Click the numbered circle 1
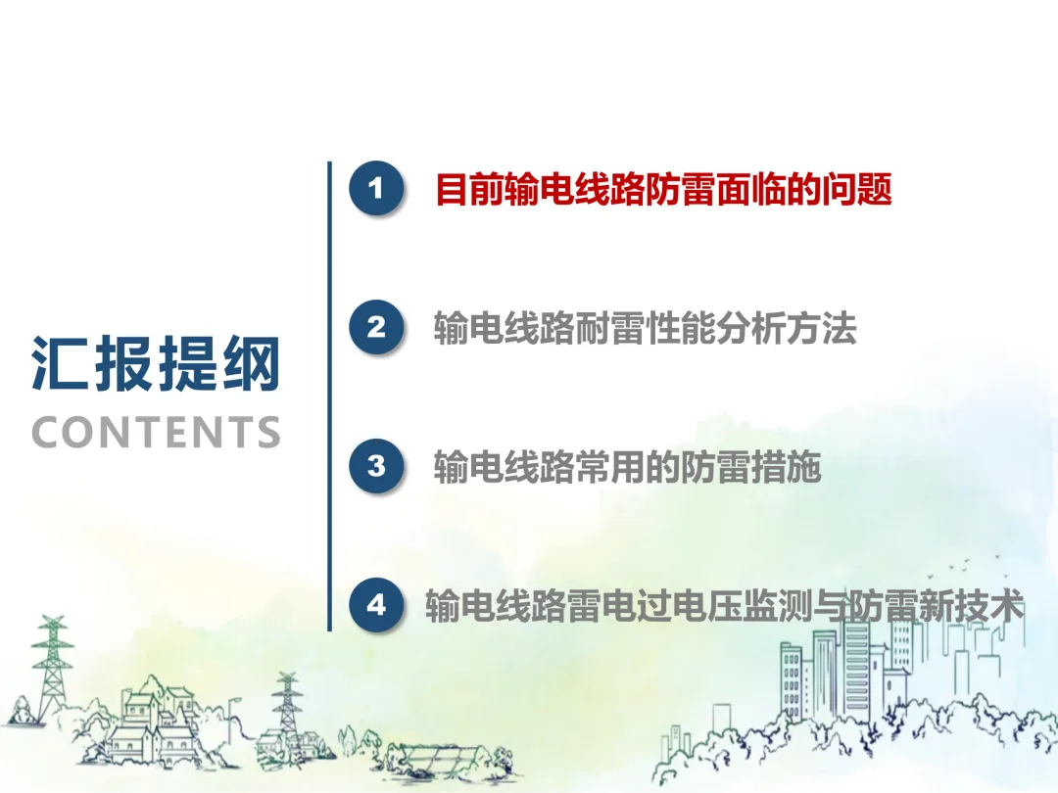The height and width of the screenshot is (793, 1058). pyautogui.click(x=376, y=188)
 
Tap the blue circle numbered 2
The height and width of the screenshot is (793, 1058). pyautogui.click(x=376, y=327)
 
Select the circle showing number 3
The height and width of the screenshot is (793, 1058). pyautogui.click(x=376, y=466)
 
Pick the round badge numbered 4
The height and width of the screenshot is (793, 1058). pyautogui.click(x=376, y=604)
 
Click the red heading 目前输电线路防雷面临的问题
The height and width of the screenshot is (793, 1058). pyautogui.click(x=664, y=189)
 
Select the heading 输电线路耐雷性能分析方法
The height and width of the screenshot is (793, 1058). pyautogui.click(x=645, y=328)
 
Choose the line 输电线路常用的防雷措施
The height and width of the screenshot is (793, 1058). pyautogui.click(x=628, y=467)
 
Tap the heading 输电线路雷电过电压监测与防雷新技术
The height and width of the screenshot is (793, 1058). pyautogui.click(x=725, y=606)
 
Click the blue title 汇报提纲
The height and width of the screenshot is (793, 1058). pyautogui.click(x=156, y=363)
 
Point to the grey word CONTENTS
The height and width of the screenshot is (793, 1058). pyautogui.click(x=156, y=433)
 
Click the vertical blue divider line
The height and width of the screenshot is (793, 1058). pyautogui.click(x=329, y=396)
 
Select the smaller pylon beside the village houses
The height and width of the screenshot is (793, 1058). pyautogui.click(x=287, y=705)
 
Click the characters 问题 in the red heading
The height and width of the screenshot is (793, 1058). pyautogui.click(x=857, y=189)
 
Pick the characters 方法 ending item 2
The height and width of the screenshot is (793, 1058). pyautogui.click(x=822, y=328)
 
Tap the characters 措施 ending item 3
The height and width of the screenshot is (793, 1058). pyautogui.click(x=787, y=467)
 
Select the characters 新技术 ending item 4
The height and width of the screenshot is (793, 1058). pyautogui.click(x=973, y=606)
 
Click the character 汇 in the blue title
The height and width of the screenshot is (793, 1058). pyautogui.click(x=60, y=363)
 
